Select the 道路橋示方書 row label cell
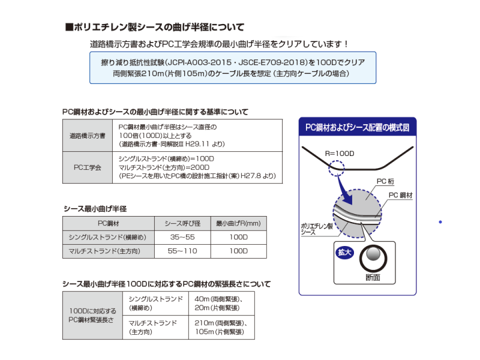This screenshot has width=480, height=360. point(87,136)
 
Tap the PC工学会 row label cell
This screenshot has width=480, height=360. point(87,167)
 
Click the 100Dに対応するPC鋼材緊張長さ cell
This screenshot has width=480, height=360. point(92,316)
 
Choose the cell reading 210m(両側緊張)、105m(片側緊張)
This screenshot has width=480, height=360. point(220,327)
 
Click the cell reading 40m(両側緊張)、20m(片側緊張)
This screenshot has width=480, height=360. point(220,303)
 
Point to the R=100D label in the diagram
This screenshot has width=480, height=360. point(340,154)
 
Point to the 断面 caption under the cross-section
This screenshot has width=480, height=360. point(372,278)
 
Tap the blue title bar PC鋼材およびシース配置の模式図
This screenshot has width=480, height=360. point(357,128)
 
